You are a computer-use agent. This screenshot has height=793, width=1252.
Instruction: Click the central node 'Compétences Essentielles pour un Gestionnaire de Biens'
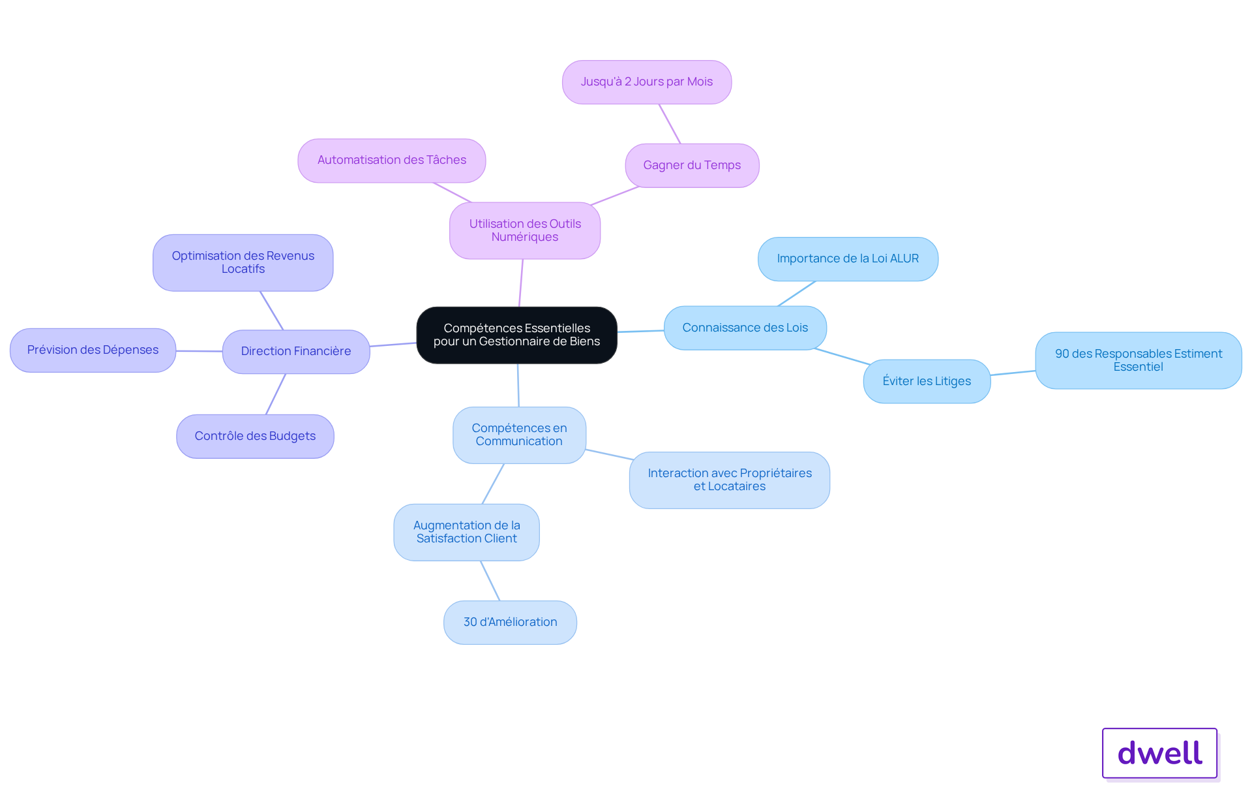click(x=516, y=335)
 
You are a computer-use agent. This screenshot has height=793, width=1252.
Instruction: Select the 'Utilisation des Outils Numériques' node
click(x=525, y=230)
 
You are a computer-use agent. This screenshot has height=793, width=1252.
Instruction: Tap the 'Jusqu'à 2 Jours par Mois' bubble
click(x=647, y=82)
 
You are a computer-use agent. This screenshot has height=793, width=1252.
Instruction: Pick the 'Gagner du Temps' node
click(x=692, y=166)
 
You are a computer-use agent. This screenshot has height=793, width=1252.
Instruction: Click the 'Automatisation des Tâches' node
click(x=392, y=161)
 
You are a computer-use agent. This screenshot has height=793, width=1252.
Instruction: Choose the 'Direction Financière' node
click(x=296, y=352)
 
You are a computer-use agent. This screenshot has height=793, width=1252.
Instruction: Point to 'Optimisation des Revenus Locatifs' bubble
click(x=243, y=262)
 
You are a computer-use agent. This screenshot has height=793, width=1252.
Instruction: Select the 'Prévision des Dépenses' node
click(x=93, y=350)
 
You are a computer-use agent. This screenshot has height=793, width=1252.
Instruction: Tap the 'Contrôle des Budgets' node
click(x=255, y=436)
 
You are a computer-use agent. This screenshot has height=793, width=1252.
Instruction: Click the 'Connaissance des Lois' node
click(x=745, y=328)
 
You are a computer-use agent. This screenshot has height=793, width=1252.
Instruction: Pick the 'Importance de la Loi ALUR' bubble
click(x=848, y=259)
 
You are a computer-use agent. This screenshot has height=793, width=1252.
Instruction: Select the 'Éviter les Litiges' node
click(x=927, y=381)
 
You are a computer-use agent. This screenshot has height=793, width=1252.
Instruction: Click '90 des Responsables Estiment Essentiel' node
click(x=1139, y=360)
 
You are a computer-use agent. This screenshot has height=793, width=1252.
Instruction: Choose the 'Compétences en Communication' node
click(x=519, y=435)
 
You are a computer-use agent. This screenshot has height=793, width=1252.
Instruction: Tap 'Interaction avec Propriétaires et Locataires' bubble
click(x=730, y=480)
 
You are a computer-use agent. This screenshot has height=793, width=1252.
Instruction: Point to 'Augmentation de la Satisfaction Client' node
click(x=467, y=532)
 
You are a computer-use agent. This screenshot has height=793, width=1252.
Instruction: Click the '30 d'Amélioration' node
click(x=510, y=623)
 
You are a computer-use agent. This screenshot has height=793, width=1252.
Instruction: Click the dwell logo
click(x=1159, y=753)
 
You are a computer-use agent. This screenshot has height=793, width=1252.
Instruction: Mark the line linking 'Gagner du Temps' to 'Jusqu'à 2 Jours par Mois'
click(x=670, y=124)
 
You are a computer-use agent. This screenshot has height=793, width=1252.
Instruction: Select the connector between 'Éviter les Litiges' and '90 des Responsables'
click(x=1013, y=373)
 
